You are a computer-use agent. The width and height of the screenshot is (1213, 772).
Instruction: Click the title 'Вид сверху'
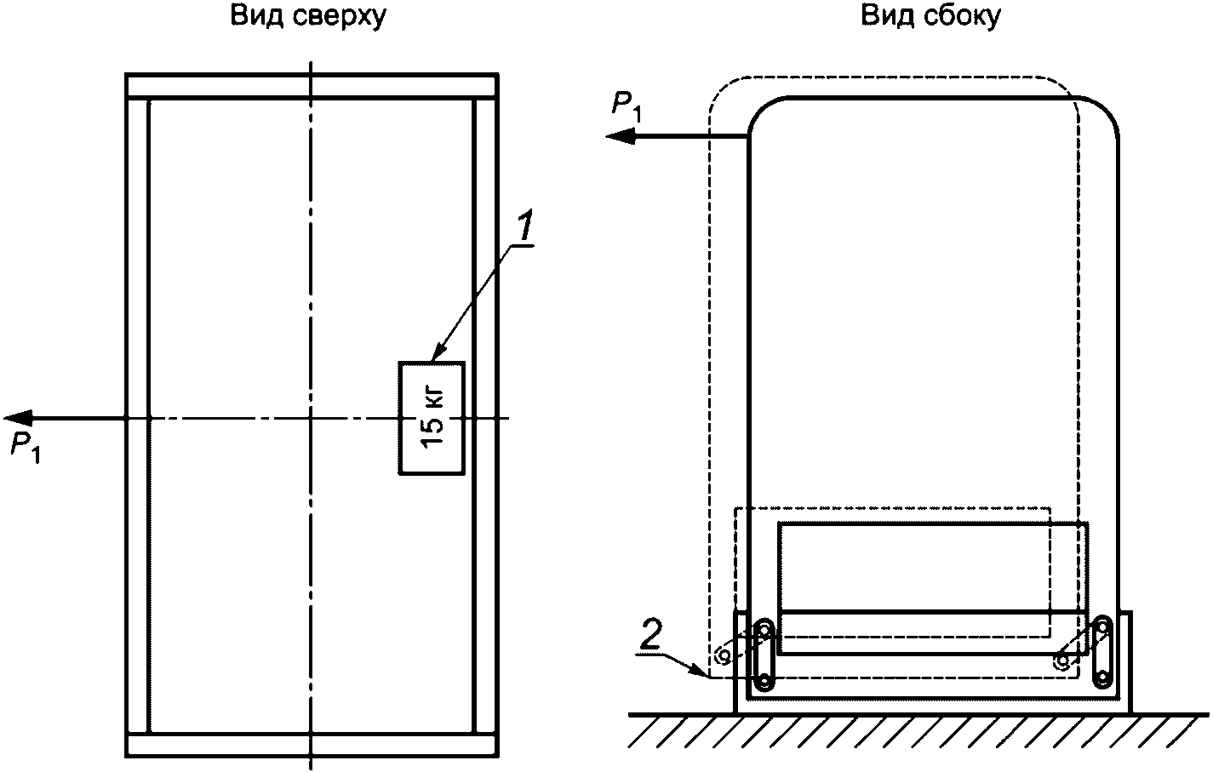[x=308, y=16]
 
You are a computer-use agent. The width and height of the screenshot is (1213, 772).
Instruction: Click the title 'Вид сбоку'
[x=930, y=16]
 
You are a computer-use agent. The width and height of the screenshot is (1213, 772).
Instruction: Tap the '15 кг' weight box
[x=432, y=418]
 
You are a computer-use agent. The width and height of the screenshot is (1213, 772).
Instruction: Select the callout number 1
[x=524, y=226]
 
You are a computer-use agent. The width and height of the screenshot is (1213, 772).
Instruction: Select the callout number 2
[x=650, y=635]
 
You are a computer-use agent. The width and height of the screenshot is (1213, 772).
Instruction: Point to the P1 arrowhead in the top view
[x=17, y=418]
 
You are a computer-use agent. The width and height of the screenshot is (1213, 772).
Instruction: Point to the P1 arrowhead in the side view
[x=620, y=136]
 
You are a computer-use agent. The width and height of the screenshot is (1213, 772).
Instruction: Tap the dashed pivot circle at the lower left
[x=723, y=655]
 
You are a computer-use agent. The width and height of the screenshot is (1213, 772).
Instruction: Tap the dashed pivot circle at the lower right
[x=1063, y=660]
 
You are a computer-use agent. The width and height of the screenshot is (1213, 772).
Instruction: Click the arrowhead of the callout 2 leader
[x=699, y=672]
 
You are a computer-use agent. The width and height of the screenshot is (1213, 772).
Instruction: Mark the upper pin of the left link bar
[x=764, y=630]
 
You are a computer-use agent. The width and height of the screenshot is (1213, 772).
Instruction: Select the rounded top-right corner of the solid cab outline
[x=1106, y=110]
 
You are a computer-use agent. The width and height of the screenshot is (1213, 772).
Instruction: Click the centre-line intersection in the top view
[x=311, y=418]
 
